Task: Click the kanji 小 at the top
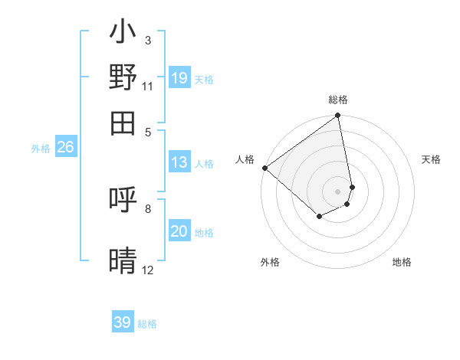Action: [x=123, y=34]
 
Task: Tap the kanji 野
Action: [x=123, y=77]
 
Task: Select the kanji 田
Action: [x=123, y=121]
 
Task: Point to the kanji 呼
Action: [x=123, y=201]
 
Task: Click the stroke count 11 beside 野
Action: [x=148, y=87]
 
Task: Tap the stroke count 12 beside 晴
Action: [x=148, y=270]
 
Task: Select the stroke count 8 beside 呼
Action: [x=148, y=208]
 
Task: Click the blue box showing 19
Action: [x=179, y=77]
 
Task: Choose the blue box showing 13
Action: [x=179, y=162]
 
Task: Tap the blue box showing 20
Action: [x=179, y=231]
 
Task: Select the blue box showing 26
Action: [x=65, y=148]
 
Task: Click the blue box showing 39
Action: [x=123, y=322]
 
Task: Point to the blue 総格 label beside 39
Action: [x=147, y=324]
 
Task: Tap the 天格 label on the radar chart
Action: [x=431, y=159]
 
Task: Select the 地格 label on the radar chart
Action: [x=402, y=262]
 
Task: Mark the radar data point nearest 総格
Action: [x=337, y=116]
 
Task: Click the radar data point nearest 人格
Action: [x=264, y=168]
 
